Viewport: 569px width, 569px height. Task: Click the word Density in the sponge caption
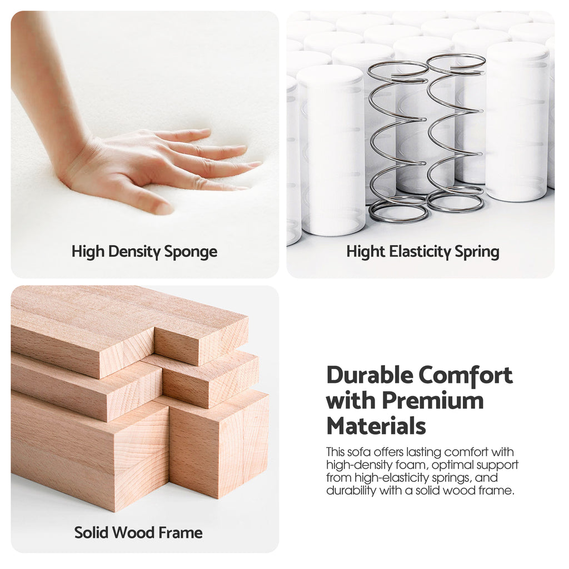(134, 252)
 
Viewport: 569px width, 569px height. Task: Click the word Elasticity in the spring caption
(420, 252)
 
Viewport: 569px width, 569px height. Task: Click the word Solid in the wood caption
(89, 532)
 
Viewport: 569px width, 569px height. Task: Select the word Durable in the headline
(370, 375)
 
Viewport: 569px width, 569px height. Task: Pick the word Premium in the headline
(432, 401)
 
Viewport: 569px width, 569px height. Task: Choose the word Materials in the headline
(376, 426)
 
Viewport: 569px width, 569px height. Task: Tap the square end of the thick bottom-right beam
(219, 445)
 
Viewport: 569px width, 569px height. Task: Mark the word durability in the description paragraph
(351, 491)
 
